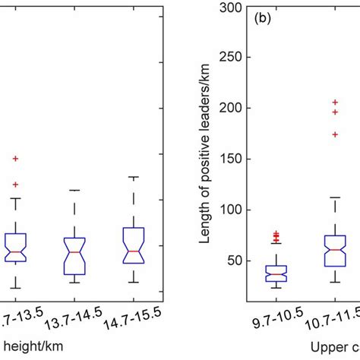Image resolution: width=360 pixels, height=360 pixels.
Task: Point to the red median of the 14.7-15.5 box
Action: tap(134, 251)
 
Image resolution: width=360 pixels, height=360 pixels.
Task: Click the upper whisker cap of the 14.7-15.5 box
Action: tap(134, 177)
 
